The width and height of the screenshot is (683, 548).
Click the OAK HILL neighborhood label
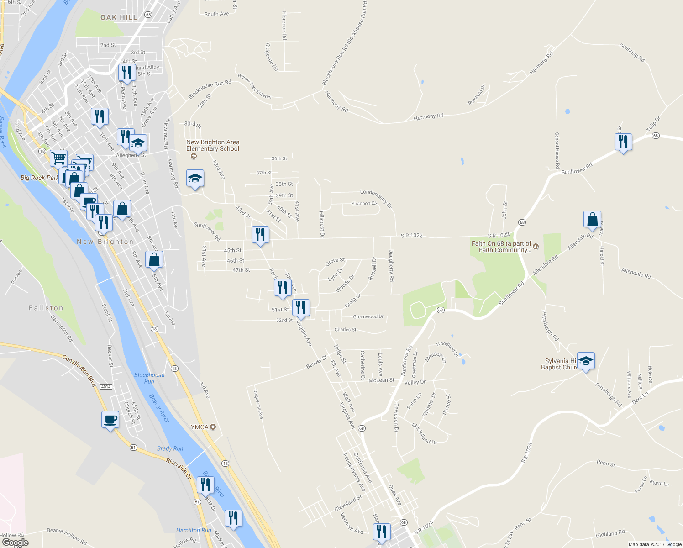coord(119,17)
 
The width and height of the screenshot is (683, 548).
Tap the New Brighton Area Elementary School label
coord(213,146)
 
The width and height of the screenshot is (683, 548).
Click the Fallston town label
coord(46,308)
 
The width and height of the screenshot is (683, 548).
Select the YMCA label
coord(200,427)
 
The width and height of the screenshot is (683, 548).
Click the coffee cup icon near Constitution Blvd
coord(110,419)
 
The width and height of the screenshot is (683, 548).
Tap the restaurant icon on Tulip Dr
coord(623,142)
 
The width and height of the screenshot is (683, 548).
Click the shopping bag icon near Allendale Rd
coord(592,219)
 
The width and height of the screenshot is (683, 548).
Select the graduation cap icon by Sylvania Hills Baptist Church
coord(586,361)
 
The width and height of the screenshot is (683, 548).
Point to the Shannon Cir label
coord(364,204)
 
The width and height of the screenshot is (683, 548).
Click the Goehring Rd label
coord(632,53)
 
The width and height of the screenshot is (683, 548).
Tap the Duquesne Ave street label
coord(258,404)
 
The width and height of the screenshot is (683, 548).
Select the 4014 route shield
coord(106,387)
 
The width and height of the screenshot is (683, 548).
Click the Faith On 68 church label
coord(502,247)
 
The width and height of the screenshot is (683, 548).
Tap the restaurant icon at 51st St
coord(300,308)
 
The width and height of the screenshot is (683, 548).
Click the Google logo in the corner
coord(16,543)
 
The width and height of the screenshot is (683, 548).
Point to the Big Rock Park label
coord(40,178)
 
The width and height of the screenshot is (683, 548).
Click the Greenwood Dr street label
coord(368,316)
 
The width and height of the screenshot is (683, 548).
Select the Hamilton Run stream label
coord(194,530)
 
